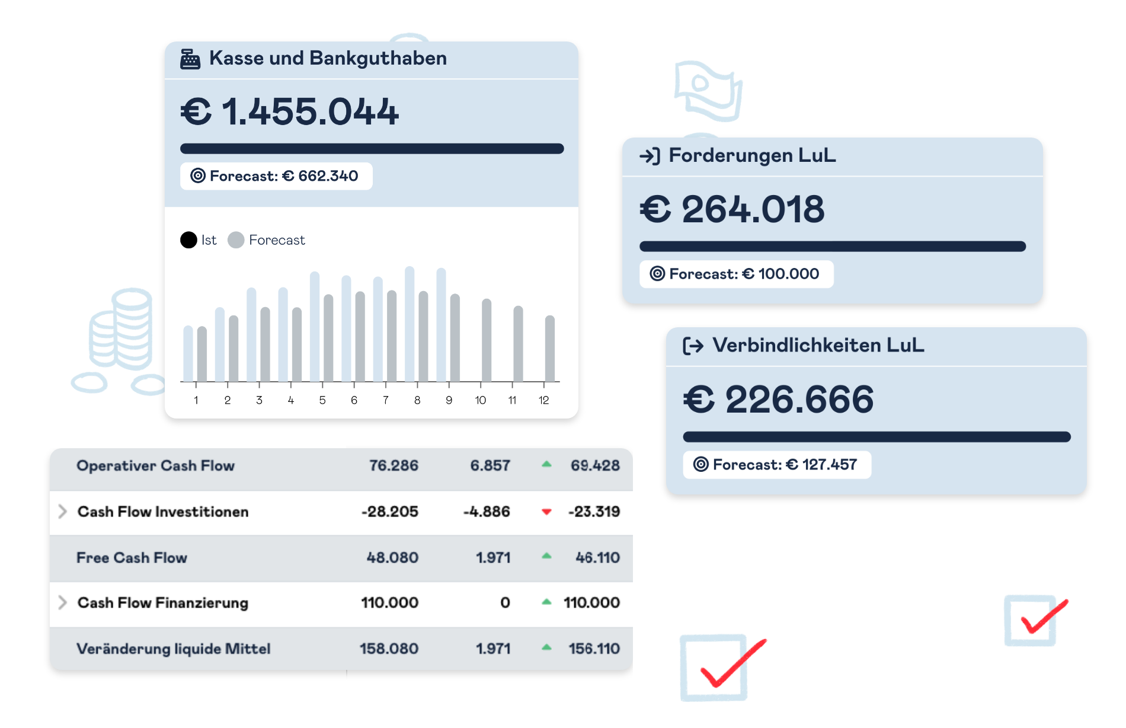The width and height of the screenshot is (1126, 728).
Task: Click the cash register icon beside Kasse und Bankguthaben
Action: click(190, 59)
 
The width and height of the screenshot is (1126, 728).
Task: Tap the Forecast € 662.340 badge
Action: click(276, 176)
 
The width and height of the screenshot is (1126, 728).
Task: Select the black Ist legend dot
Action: click(188, 240)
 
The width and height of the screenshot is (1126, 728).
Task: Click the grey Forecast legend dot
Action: click(236, 240)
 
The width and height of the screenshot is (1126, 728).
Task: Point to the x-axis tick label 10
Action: click(481, 400)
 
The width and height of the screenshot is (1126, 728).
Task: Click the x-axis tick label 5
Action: click(322, 400)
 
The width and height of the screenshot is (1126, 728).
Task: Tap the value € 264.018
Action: click(732, 209)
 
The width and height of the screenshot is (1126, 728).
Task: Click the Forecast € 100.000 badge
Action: click(736, 274)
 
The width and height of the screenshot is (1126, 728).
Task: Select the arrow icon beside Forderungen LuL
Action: click(650, 156)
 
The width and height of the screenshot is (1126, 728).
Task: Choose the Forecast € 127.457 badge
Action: click(777, 465)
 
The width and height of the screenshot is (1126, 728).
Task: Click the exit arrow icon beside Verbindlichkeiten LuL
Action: click(693, 346)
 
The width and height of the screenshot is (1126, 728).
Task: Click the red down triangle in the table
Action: click(546, 512)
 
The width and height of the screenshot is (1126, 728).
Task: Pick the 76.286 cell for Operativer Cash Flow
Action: click(394, 466)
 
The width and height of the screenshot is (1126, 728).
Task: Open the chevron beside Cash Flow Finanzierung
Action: click(62, 603)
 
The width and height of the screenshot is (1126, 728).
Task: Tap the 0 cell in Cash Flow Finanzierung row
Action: click(505, 603)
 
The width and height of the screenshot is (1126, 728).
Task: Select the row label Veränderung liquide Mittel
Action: click(174, 649)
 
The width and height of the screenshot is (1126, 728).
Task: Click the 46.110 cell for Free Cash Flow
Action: click(597, 558)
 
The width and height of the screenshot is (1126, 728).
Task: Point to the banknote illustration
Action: click(708, 91)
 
